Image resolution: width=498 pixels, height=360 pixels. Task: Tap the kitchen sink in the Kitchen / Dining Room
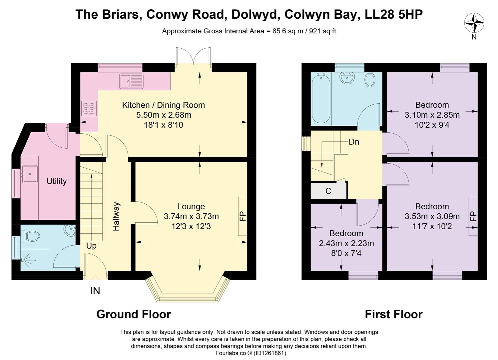pos(131,81)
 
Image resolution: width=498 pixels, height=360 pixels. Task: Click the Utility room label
pos(57,181)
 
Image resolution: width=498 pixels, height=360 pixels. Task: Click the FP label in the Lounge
pos(243,216)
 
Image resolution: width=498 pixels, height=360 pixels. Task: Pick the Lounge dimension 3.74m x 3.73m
pos(191,217)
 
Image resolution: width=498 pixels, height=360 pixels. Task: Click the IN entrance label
pos(95,291)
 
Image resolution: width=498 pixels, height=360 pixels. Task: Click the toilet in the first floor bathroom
pos(370,80)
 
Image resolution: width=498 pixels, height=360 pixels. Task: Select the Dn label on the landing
pos(354,142)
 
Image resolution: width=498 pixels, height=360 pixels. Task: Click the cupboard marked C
pos(328,191)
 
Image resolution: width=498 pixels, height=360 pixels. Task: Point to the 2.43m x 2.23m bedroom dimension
pos(346,244)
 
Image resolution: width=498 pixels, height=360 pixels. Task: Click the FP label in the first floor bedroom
pos(473,216)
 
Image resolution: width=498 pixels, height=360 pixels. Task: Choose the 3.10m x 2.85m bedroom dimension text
pos(432,115)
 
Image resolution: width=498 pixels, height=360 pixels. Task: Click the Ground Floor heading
pos(134,314)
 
